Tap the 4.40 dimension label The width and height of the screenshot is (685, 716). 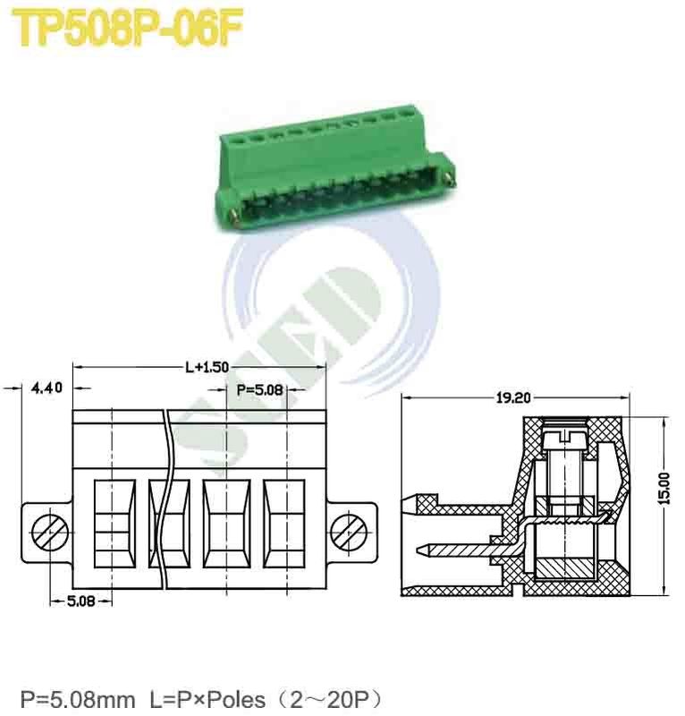pos(47,388)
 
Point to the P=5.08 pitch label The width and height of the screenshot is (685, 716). pos(260,389)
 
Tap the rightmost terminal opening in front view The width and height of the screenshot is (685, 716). pos(283,523)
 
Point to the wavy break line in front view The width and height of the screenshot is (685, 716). pos(167,501)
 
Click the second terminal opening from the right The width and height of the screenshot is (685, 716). pos(225,523)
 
